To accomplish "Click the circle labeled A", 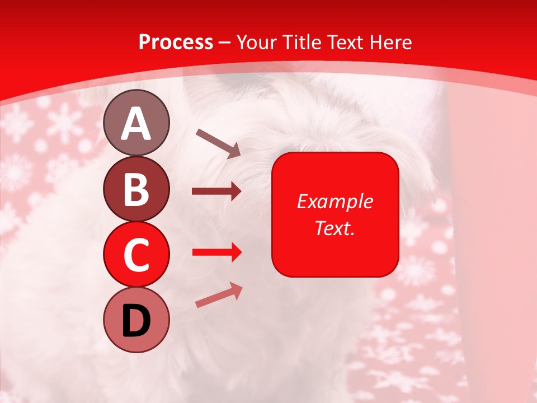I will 136,123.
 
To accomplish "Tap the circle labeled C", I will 136,254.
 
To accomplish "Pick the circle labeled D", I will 136,320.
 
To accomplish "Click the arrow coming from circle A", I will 218,143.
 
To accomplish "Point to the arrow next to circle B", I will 216,192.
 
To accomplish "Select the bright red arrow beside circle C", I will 216,252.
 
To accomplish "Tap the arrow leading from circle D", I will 219,295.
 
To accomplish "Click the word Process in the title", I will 176,42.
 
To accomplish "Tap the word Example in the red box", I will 335,201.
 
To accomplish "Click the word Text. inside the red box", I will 335,228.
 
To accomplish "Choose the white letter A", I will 136,124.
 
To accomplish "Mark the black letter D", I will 136,321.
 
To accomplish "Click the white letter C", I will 136,255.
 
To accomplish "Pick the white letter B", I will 136,189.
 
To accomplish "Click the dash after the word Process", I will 225,43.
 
